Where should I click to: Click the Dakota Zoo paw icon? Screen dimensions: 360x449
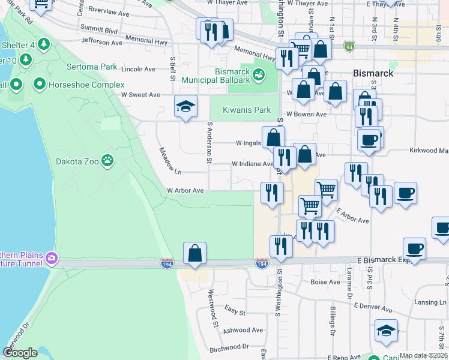pyautogui.click(x=107, y=160)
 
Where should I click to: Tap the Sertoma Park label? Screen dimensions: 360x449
pyautogui.click(x=92, y=67)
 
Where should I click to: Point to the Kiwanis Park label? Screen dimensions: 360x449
pyautogui.click(x=247, y=110)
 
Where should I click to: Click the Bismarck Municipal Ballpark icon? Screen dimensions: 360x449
pyautogui.click(x=259, y=74)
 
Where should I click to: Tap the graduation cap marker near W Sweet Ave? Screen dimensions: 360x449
pyautogui.click(x=186, y=107)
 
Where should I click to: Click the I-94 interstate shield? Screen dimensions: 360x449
pyautogui.click(x=349, y=46)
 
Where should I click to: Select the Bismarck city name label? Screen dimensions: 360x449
pyautogui.click(x=373, y=73)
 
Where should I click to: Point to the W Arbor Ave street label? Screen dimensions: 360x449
pyautogui.click(x=185, y=190)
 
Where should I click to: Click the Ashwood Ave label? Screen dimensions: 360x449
pyautogui.click(x=243, y=330)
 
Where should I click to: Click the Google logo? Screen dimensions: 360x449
pyautogui.click(x=20, y=352)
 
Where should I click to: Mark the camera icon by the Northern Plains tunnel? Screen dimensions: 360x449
pyautogui.click(x=52, y=258)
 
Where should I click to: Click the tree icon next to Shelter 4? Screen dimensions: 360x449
pyautogui.click(x=43, y=44)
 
